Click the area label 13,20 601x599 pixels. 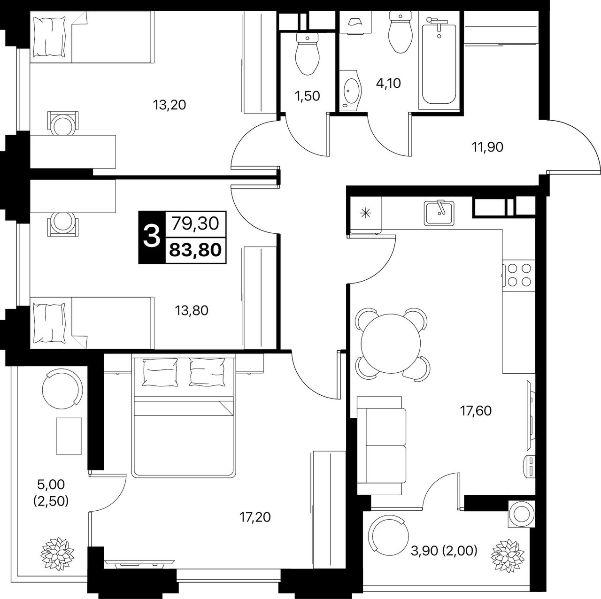(x=170, y=105)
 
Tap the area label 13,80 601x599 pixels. (x=191, y=311)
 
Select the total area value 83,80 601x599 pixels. (x=195, y=250)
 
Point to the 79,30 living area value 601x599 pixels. (x=195, y=223)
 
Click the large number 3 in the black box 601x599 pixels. (x=152, y=237)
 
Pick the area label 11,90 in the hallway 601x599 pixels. (x=487, y=147)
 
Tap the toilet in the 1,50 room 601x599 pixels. (x=307, y=54)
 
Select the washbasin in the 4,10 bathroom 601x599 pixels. (x=352, y=91)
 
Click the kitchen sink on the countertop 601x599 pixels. (x=439, y=213)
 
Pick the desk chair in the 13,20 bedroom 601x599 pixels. (x=63, y=123)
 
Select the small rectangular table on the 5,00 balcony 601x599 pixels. (x=69, y=436)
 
